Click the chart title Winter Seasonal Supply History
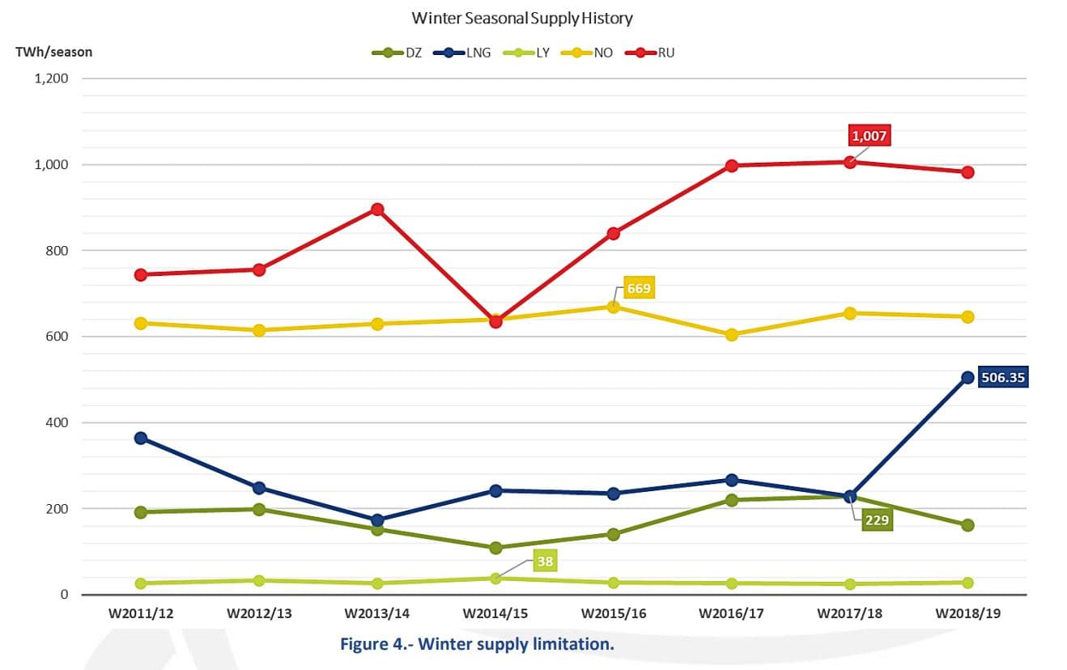[522, 17]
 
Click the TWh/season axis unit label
[54, 52]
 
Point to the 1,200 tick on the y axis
[51, 78]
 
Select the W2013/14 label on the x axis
[376, 613]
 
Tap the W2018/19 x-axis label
[967, 613]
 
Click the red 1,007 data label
[869, 135]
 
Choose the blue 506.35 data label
[1002, 377]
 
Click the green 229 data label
[876, 519]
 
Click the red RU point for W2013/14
[377, 209]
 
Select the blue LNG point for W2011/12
[141, 438]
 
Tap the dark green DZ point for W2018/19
[967, 525]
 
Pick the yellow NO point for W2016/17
[732, 334]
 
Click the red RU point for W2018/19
[967, 172]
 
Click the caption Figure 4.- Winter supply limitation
[477, 645]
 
